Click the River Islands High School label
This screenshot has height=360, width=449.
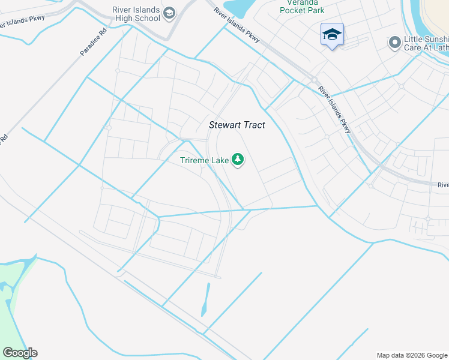click(136, 14)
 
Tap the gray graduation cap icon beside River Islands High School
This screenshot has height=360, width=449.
click(170, 13)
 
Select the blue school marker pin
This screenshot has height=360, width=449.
click(331, 35)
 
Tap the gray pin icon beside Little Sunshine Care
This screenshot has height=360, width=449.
click(394, 43)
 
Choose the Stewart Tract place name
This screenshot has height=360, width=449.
click(237, 125)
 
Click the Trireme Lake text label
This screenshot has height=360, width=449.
click(204, 160)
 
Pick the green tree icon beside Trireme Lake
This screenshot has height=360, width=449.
click(238, 160)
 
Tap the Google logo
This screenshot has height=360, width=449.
click(20, 353)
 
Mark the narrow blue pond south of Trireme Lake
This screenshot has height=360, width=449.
click(206, 300)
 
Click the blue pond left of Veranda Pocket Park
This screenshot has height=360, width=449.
click(240, 8)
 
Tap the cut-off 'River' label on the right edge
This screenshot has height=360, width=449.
click(442, 185)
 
